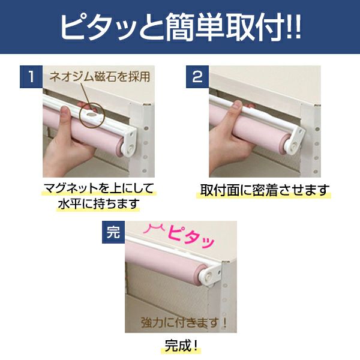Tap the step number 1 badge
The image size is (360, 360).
[31, 77]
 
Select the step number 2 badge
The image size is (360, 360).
[197, 77]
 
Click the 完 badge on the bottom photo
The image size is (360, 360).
[113, 232]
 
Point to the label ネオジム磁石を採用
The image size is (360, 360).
[100, 76]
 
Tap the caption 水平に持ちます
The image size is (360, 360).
[99, 203]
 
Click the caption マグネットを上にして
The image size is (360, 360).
[99, 188]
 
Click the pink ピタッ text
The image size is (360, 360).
[191, 238]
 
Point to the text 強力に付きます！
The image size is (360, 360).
[184, 323]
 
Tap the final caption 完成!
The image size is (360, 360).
[181, 346]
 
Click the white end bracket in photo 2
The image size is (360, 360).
[295, 140]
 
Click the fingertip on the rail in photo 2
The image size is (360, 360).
[236, 106]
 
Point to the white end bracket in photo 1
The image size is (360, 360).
[130, 143]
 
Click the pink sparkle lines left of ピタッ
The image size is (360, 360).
[154, 229]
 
